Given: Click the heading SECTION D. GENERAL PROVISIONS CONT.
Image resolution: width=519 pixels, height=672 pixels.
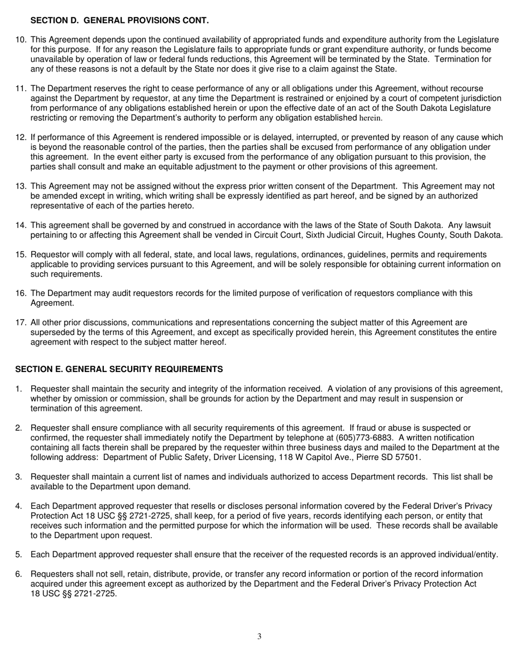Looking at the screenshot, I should (x=119, y=20).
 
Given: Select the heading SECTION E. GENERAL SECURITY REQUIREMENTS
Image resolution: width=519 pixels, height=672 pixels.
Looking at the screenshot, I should (x=119, y=369).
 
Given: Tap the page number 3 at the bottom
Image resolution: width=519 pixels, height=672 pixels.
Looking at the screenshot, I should (x=259, y=636).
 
